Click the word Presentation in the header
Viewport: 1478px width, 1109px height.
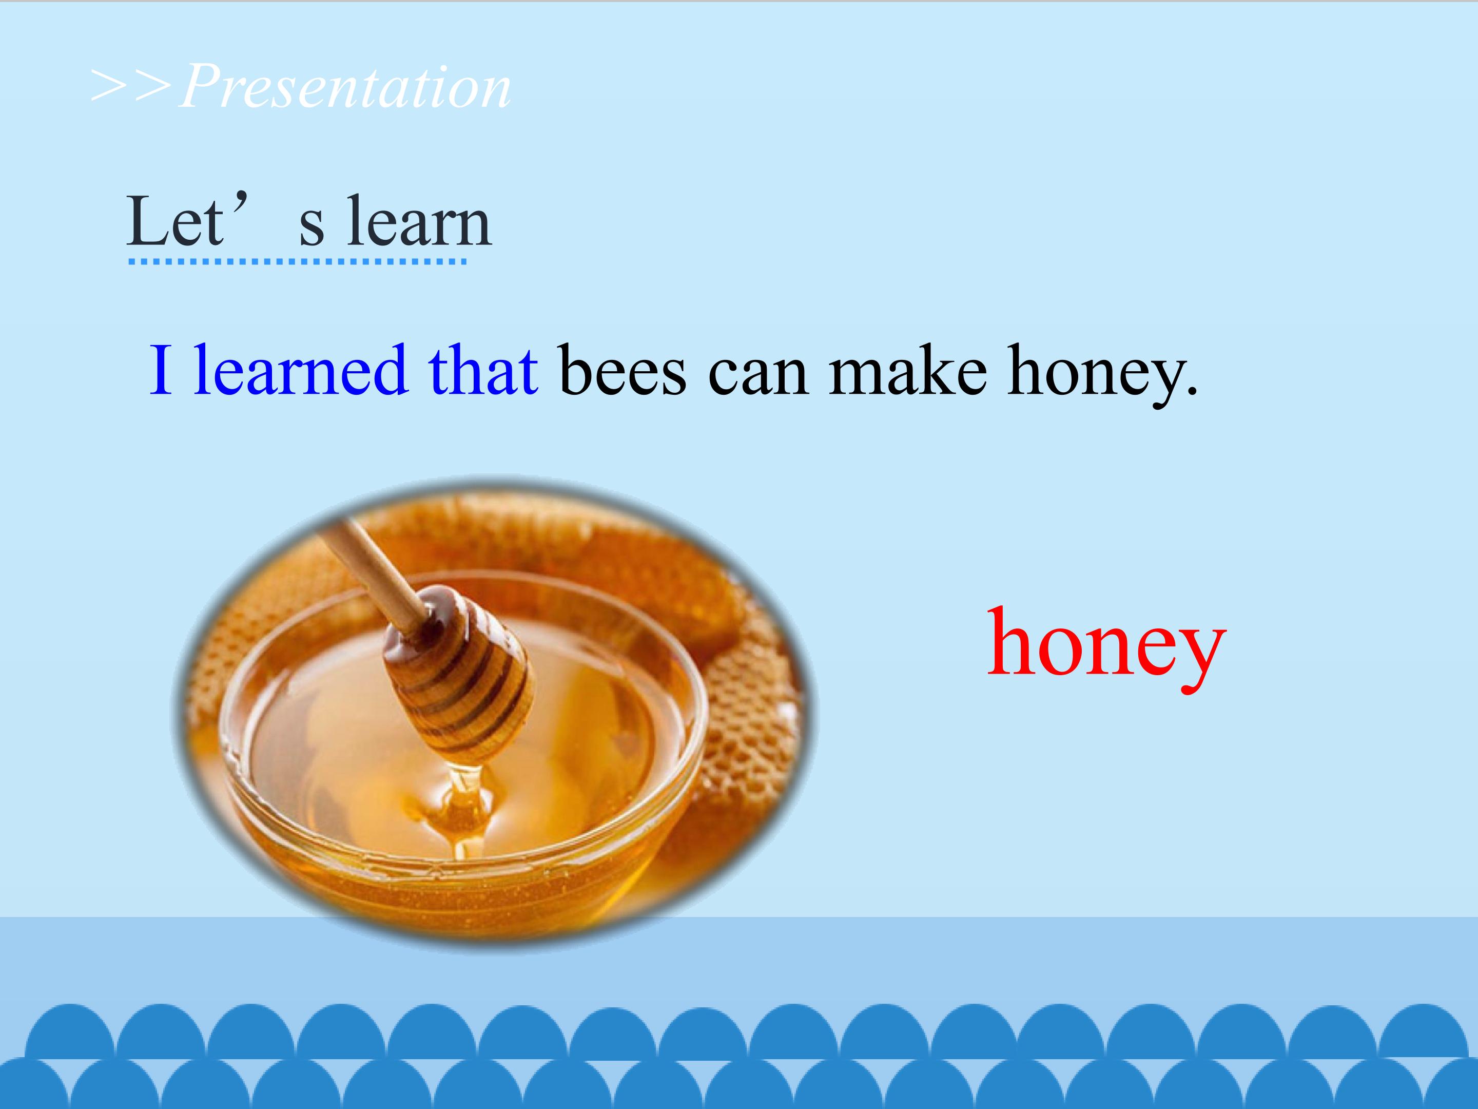point(345,86)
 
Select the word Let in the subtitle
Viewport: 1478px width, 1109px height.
point(174,221)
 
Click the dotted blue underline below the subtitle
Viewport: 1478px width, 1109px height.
point(297,261)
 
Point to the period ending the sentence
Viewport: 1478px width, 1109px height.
point(1191,390)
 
